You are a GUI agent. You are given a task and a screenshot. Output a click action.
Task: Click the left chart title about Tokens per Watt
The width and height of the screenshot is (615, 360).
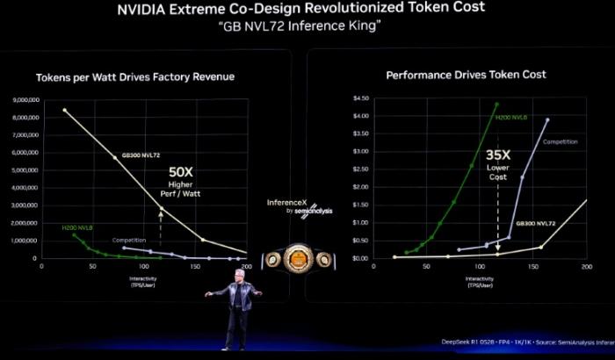point(134,76)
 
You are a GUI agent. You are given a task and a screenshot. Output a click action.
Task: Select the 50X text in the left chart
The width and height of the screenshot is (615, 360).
point(180,172)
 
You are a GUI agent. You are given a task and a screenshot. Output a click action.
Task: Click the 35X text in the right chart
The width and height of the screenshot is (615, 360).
point(498,155)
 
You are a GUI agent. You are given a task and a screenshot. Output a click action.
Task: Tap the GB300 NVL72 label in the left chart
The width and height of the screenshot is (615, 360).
point(141,155)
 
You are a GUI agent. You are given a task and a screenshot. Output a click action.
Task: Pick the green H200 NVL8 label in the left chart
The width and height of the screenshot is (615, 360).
point(78,227)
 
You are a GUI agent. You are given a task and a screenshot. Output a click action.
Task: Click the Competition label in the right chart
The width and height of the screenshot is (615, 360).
point(560,141)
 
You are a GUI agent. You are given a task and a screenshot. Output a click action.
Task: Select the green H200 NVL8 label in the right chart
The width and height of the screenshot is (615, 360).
point(511,117)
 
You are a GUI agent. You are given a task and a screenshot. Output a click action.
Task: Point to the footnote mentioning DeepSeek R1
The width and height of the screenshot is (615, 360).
point(527,342)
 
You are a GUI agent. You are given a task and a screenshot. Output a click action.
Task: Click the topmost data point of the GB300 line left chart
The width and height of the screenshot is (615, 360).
point(64,110)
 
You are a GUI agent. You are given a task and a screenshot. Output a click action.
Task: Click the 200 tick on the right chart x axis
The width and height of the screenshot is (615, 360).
point(586,266)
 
